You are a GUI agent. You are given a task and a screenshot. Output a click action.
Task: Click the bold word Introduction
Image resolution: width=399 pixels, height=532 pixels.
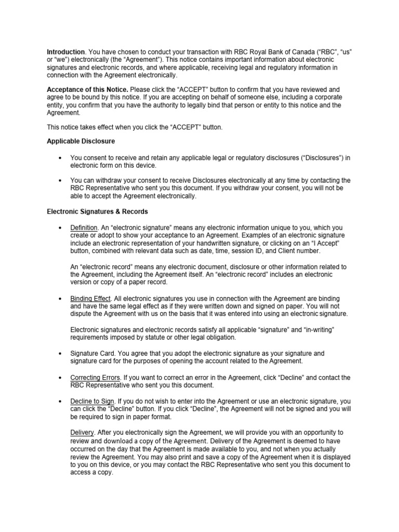65,52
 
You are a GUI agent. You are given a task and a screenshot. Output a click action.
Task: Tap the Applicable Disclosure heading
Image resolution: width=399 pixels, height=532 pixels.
81,141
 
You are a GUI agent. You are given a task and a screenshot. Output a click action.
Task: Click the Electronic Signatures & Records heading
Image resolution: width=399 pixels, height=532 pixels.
97,212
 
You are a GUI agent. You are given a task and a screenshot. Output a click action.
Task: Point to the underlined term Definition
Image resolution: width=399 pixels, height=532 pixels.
84,228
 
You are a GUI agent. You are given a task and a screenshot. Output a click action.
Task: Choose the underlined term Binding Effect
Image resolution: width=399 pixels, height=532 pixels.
91,299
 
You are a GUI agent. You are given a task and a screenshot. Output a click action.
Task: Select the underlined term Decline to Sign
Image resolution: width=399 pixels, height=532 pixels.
92,402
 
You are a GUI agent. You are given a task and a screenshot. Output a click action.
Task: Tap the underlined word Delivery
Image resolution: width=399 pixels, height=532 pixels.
82,433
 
